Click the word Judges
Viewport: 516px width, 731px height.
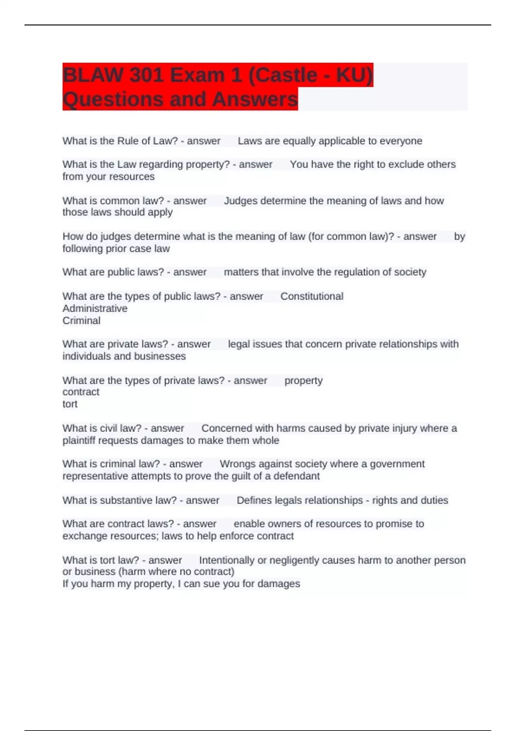[x=240, y=201]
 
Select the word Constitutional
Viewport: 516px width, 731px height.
[x=312, y=296]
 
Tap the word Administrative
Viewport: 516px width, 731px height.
[x=95, y=308]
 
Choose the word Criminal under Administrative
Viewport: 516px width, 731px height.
[x=81, y=320]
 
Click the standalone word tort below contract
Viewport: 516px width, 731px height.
[x=70, y=404]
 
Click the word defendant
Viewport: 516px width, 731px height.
[x=297, y=476]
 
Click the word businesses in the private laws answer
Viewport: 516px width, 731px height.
[x=160, y=356]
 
